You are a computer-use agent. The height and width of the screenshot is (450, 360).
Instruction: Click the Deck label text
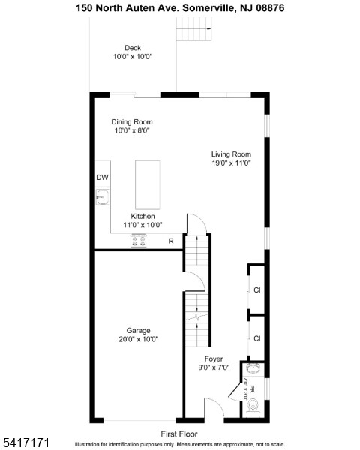point(132,48)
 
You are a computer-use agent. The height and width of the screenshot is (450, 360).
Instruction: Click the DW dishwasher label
point(102,178)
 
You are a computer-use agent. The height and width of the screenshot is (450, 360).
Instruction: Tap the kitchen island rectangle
point(147,184)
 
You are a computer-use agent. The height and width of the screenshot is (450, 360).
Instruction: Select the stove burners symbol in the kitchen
point(139,241)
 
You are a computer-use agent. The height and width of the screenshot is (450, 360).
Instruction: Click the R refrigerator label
point(171,241)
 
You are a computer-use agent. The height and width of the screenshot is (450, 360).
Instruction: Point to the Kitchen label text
point(142,216)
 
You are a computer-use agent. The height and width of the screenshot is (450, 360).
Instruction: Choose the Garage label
point(138,330)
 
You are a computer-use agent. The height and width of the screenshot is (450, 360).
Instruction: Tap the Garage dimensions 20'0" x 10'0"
point(138,339)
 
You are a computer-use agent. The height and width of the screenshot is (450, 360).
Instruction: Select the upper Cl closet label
point(256,289)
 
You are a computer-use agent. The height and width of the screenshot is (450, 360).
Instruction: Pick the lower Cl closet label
point(256,338)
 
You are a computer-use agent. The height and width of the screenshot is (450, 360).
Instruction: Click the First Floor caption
point(179,433)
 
